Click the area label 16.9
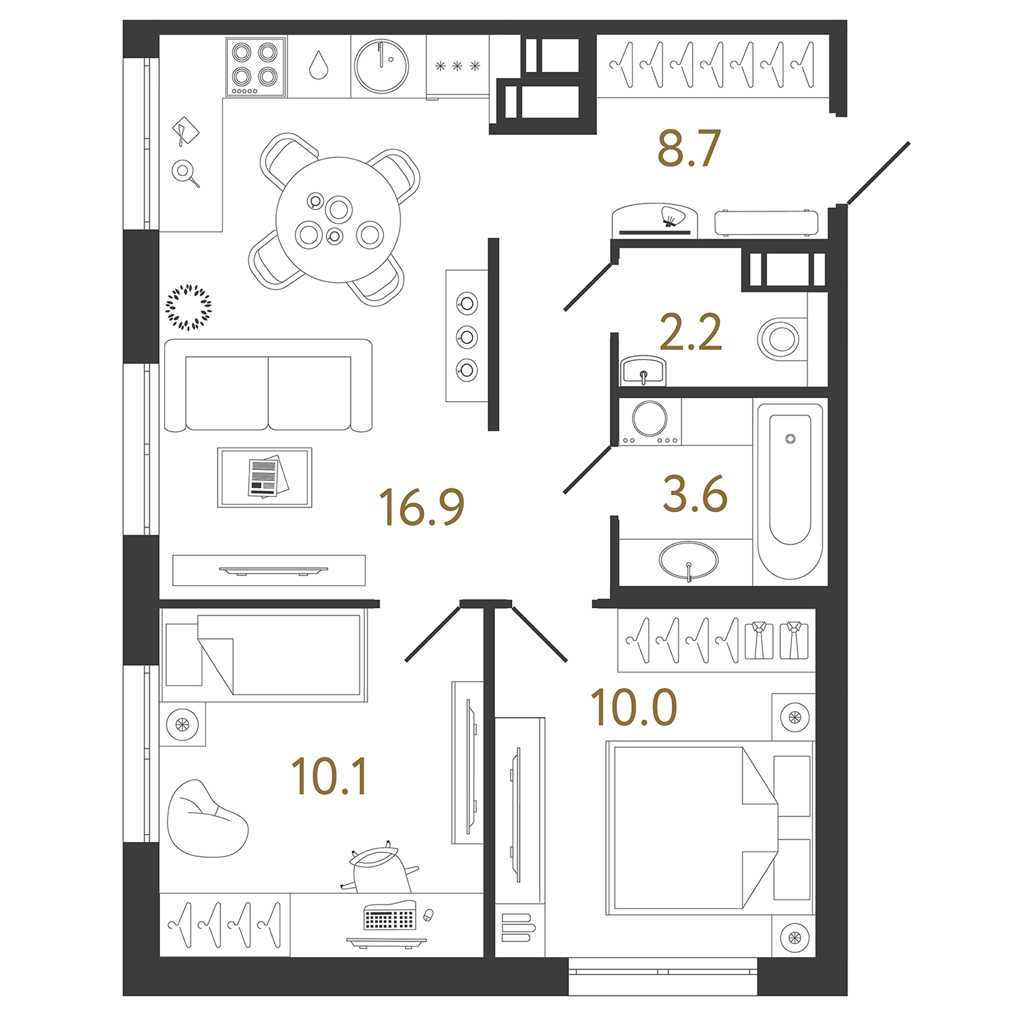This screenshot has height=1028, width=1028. pyautogui.click(x=421, y=507)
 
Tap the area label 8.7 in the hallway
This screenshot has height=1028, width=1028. pyautogui.click(x=688, y=149)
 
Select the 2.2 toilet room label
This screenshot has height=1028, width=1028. pyautogui.click(x=690, y=332)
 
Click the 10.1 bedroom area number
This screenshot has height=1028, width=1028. pyautogui.click(x=329, y=776)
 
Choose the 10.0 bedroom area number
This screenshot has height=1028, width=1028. pyautogui.click(x=633, y=708)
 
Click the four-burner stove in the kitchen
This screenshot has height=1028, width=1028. pyautogui.click(x=256, y=66)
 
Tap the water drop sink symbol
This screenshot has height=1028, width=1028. pyautogui.click(x=319, y=66)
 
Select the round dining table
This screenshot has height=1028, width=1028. pyautogui.click(x=338, y=219)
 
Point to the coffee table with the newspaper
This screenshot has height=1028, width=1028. pyautogui.click(x=264, y=477)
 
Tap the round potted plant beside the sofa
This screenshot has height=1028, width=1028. pyautogui.click(x=189, y=307)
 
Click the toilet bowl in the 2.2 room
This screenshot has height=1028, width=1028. pyautogui.click(x=780, y=338)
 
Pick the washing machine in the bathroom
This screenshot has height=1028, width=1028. pyautogui.click(x=650, y=420)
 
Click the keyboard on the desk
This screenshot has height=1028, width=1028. pyautogui.click(x=389, y=917)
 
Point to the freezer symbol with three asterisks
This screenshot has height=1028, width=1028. pyautogui.click(x=458, y=66)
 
